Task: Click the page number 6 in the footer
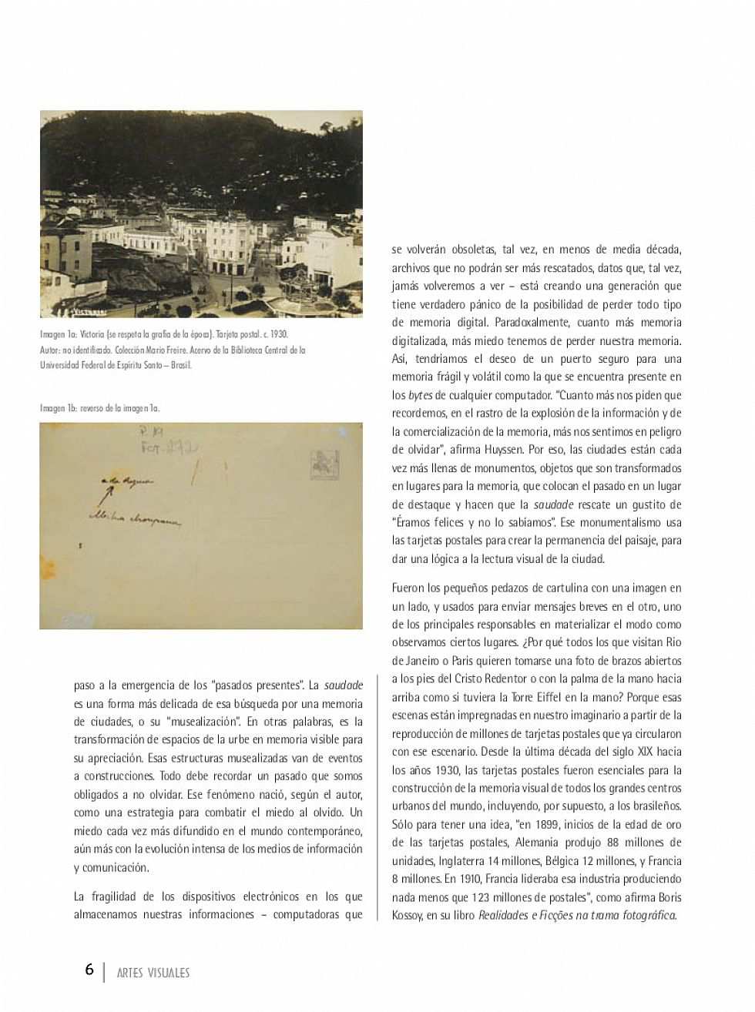(x=89, y=970)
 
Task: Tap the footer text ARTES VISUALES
(x=153, y=973)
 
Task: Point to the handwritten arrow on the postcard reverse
(x=107, y=491)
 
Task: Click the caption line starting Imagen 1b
(x=100, y=408)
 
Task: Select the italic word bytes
(x=420, y=395)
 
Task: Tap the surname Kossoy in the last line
(x=408, y=916)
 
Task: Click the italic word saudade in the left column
(x=342, y=685)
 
